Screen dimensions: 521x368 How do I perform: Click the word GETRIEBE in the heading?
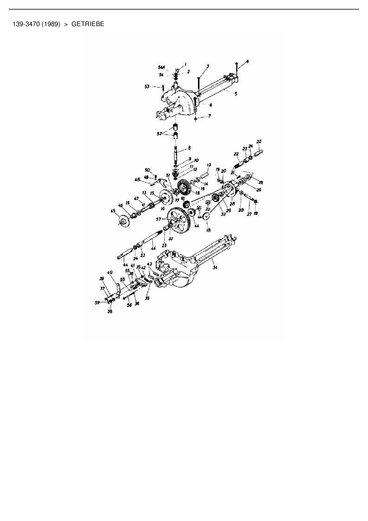point(88,24)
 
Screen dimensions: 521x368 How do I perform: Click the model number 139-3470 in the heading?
point(26,24)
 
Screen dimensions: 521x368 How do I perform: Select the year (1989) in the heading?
point(51,24)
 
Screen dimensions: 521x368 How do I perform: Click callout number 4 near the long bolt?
point(247,62)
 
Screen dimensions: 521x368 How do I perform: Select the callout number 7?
point(210,116)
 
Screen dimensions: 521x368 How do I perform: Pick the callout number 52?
point(159,134)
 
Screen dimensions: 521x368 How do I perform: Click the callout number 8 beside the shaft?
point(189,148)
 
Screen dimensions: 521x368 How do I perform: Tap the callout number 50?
point(147,170)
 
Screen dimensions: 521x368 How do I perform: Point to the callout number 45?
point(113,211)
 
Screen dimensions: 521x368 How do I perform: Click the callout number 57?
point(158,219)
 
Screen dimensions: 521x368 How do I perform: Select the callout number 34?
point(215,267)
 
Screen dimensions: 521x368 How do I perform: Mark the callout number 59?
point(97,303)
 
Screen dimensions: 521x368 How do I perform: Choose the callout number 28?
point(232,204)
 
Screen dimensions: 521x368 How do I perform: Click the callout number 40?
point(110,272)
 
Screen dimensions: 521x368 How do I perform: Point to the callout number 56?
point(129,305)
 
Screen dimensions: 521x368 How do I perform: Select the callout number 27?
point(249,214)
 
